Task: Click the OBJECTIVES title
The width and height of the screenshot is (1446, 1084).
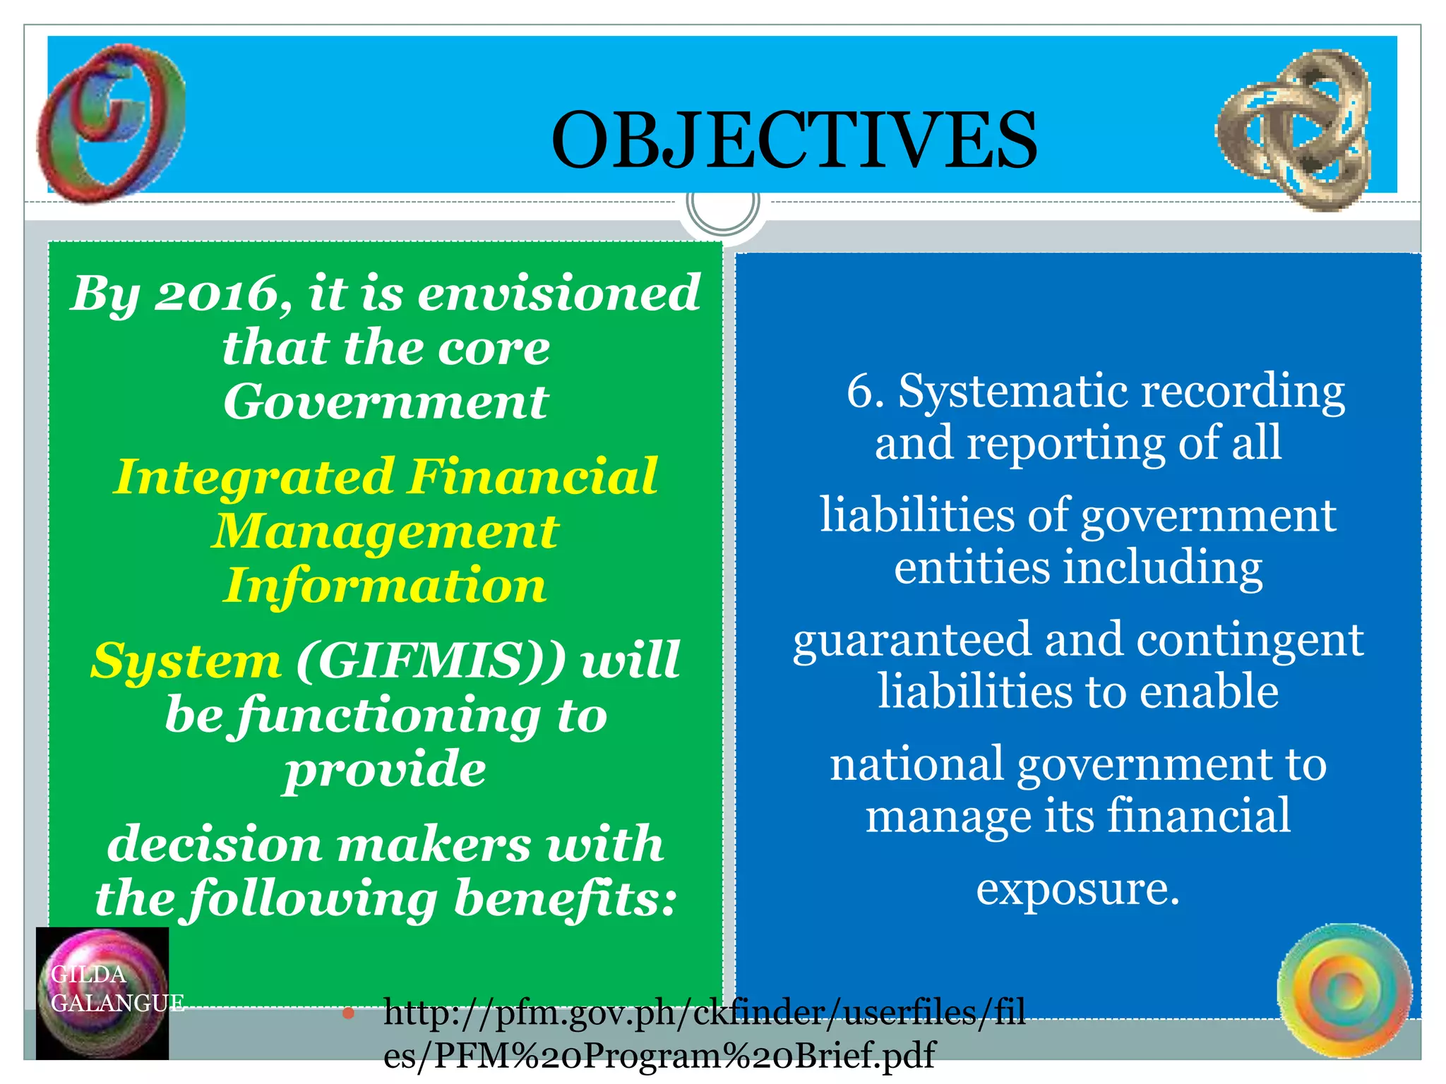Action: pos(794,140)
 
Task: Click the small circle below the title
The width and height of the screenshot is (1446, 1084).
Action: pos(722,204)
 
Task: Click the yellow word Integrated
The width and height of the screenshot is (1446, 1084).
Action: pos(254,476)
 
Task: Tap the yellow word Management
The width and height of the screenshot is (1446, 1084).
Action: pos(386,531)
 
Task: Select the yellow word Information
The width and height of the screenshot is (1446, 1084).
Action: pos(386,586)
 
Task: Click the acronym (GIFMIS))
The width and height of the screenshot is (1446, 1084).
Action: pos(431,661)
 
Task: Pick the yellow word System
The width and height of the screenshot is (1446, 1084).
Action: pos(186,661)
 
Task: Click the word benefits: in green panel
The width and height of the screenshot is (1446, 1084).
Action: pos(565,899)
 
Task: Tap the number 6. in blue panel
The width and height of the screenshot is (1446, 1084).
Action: pos(865,391)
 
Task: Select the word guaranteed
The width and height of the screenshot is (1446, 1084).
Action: pos(911,641)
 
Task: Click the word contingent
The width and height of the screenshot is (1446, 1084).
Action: pos(1250,641)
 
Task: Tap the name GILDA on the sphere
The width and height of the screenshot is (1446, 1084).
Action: pos(88,975)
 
